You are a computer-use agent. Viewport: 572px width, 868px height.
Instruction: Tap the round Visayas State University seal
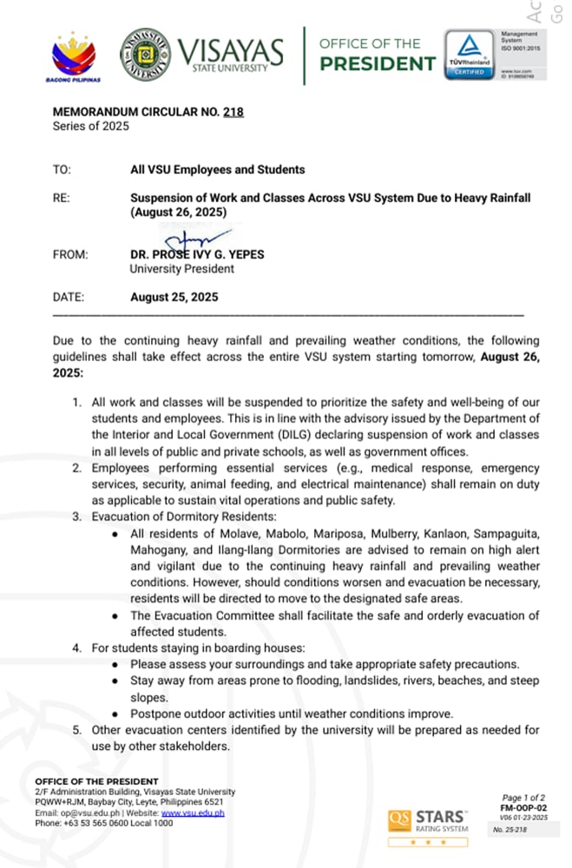(145, 55)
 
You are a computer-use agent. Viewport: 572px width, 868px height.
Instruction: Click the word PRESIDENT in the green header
(377, 63)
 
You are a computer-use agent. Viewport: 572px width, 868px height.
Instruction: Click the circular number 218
(233, 112)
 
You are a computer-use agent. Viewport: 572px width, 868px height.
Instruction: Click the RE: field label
(62, 198)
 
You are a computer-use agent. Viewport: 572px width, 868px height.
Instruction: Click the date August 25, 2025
(174, 297)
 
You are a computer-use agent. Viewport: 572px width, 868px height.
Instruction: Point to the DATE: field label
(69, 297)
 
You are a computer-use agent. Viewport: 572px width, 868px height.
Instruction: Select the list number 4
(77, 648)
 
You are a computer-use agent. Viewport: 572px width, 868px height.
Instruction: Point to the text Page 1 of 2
(523, 797)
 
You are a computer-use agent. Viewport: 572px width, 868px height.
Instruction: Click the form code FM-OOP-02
(523, 807)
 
